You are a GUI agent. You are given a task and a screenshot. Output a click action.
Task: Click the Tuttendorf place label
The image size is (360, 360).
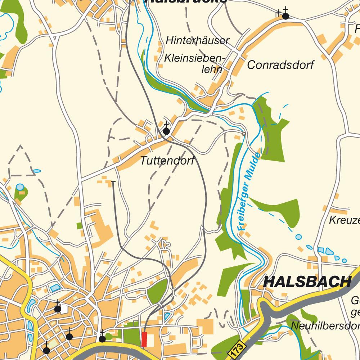[x=167, y=161]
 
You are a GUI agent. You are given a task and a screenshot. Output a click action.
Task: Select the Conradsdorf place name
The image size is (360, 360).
[x=280, y=65]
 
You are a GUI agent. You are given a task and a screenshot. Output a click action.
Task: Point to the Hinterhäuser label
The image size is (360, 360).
[x=197, y=41]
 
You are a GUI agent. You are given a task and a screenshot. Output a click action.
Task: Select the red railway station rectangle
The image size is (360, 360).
[x=144, y=339]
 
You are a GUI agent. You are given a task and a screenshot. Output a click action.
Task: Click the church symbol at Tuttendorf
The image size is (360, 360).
[x=166, y=131]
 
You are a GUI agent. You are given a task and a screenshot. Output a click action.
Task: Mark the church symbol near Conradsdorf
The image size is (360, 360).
[x=285, y=16]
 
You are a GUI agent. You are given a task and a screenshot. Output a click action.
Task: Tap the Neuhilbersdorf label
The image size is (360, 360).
[x=324, y=326]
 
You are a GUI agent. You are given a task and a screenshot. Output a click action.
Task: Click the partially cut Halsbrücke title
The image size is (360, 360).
[x=185, y=1]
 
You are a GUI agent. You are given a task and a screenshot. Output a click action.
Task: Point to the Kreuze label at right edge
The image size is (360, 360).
[x=344, y=220]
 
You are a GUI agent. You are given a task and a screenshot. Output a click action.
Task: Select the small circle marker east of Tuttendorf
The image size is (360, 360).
[x=244, y=134]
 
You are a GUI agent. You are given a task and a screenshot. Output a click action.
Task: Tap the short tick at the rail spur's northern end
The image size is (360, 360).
[x=113, y=182]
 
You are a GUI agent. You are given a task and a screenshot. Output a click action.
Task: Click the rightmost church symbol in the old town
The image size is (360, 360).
[x=102, y=338]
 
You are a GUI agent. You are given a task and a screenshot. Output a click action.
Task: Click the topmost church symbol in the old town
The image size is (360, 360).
[x=57, y=309]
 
